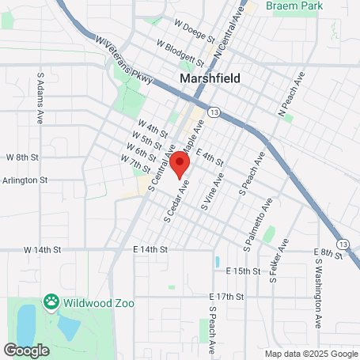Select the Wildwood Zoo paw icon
click(52, 301)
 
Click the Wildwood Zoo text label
click(99, 303)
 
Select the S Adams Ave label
click(40, 99)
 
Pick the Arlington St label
click(26, 180)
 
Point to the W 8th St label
click(22, 157)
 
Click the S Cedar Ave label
click(176, 201)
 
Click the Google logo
click(27, 349)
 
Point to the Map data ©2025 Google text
click(311, 354)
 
